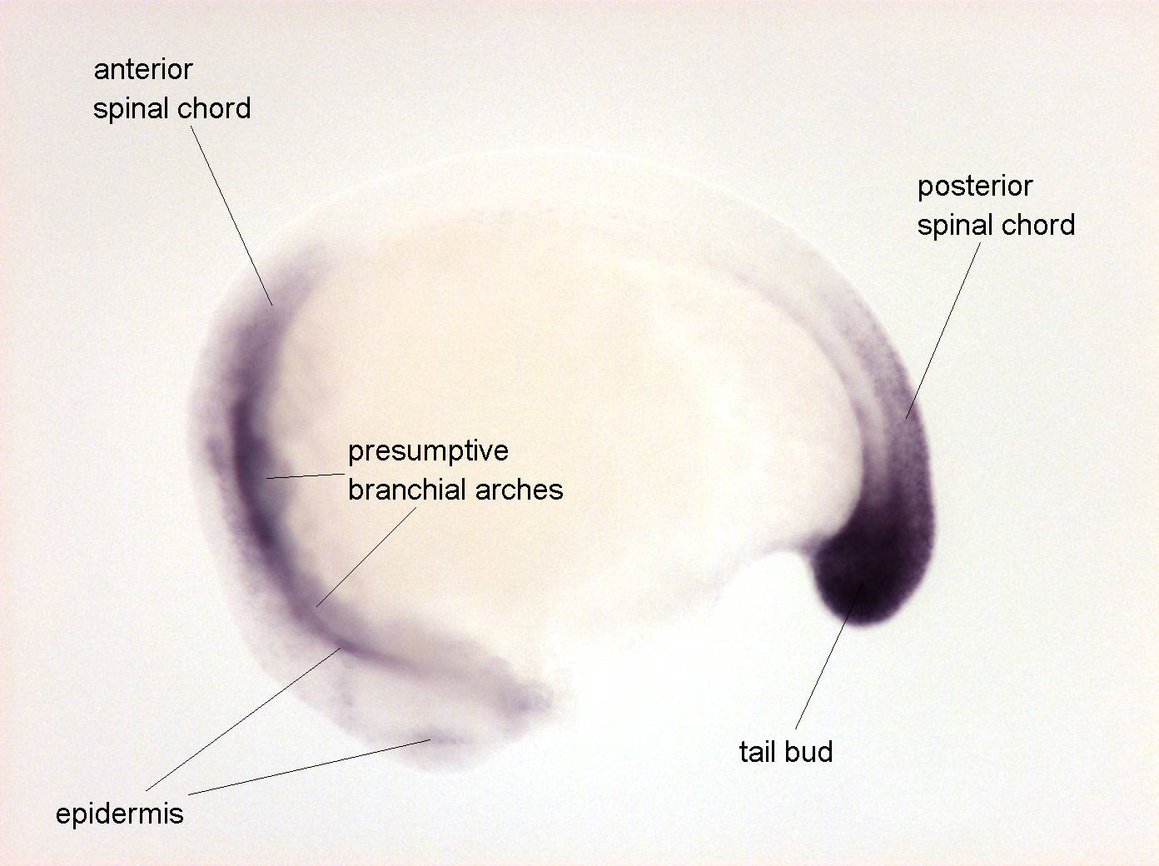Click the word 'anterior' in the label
[x=143, y=70]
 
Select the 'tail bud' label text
[x=786, y=752]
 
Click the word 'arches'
[x=520, y=490]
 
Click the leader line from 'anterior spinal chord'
[x=231, y=216]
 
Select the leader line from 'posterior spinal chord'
[x=943, y=331]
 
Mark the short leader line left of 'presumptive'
[x=306, y=475]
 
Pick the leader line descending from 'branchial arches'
[x=366, y=557]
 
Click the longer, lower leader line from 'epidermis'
[x=310, y=767]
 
